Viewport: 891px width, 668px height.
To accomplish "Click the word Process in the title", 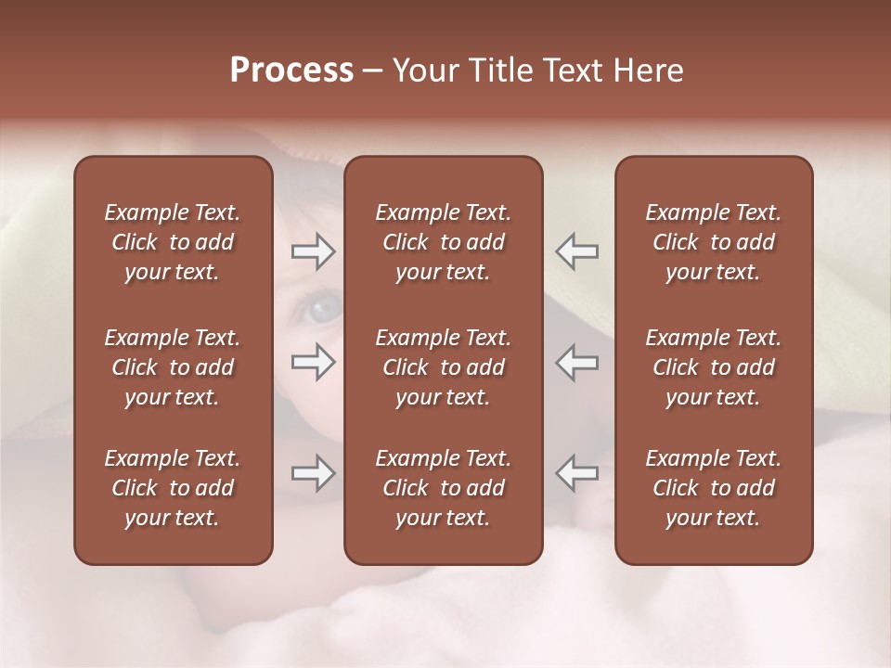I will pos(291,71).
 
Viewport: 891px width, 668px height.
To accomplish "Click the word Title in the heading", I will pos(499,71).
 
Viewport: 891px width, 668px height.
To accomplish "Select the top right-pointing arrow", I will pos(314,251).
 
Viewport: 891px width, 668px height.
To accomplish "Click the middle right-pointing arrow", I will pos(314,362).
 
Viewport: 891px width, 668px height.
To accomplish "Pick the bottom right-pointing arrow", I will pos(314,473).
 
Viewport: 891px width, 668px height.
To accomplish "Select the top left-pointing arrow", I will pos(576,251).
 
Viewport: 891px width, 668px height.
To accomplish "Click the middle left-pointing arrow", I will pos(576,362).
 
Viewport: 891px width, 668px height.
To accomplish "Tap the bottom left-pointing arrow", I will pos(576,473).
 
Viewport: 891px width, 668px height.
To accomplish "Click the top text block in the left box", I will pos(173,242).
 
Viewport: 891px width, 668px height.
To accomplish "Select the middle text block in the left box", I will pos(173,367).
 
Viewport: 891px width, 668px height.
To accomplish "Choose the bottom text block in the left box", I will pos(173,488).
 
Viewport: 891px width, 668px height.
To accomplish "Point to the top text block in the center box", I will pos(443,242).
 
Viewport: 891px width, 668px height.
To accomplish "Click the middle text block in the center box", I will pos(443,367).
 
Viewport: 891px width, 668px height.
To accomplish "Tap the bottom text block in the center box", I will pos(443,488).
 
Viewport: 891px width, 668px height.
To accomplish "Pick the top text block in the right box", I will pos(713,242).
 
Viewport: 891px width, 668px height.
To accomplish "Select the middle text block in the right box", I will pos(713,367).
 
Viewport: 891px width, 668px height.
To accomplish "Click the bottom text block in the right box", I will pos(713,488).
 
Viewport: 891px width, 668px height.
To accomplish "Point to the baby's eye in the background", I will pos(324,308).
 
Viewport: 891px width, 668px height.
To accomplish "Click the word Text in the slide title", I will pos(570,71).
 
